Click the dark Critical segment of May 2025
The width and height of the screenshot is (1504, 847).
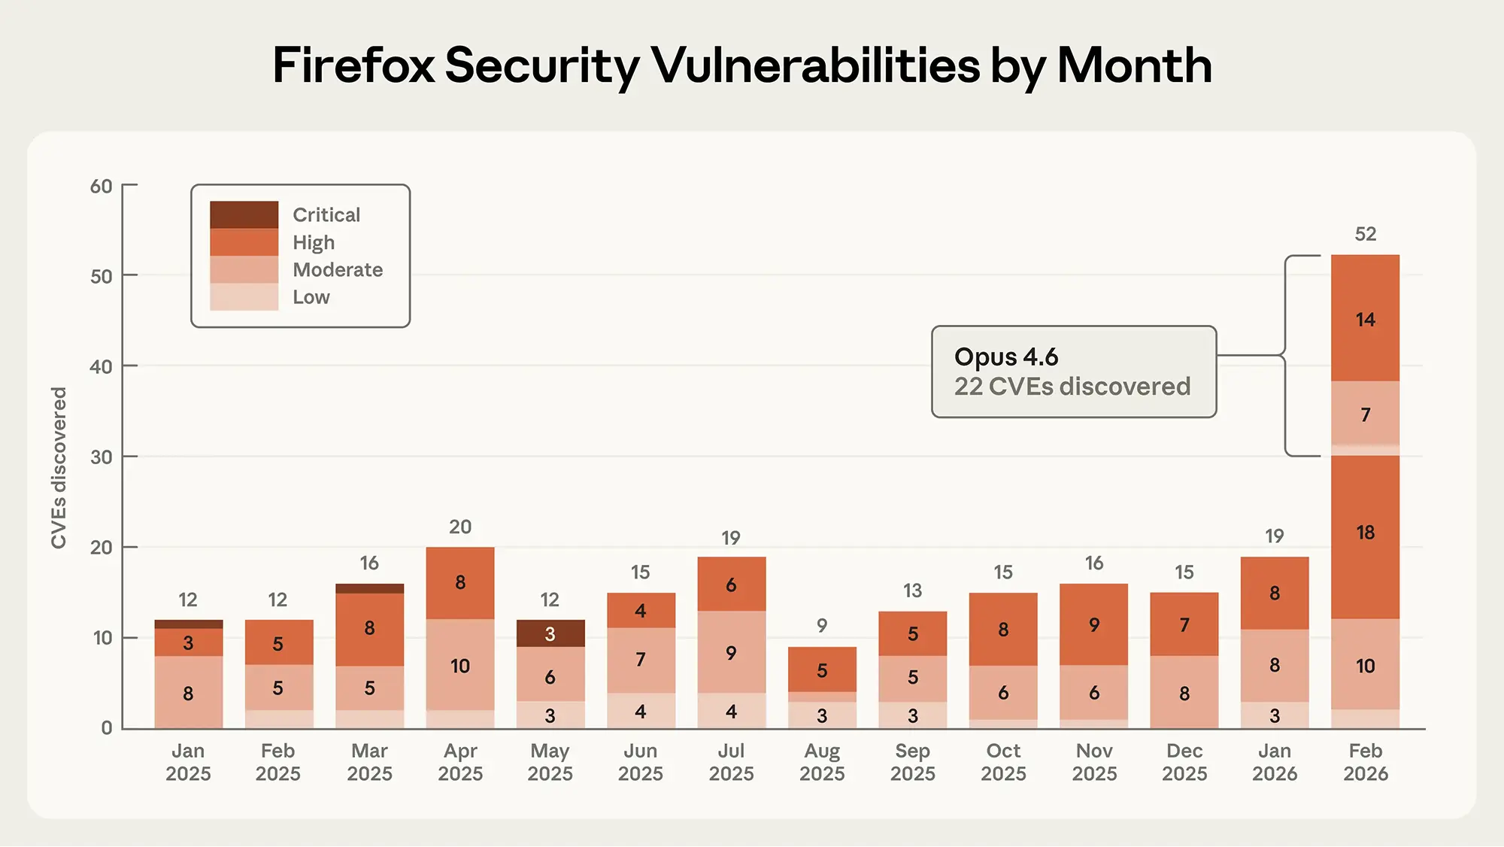(x=550, y=633)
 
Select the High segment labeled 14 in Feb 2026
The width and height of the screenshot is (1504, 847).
(x=1365, y=319)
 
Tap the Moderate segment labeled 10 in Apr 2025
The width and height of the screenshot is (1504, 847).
(x=459, y=665)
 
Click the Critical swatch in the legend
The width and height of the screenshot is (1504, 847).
(x=244, y=214)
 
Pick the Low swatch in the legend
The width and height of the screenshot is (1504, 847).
(x=244, y=297)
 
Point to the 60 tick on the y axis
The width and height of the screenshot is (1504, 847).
(x=102, y=186)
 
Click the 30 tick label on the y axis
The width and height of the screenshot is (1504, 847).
(x=102, y=457)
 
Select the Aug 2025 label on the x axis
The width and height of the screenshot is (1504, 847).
(x=822, y=762)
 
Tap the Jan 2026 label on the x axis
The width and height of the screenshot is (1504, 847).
(x=1275, y=762)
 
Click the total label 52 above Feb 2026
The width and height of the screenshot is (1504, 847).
(x=1365, y=234)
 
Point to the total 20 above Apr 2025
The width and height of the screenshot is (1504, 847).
(x=459, y=527)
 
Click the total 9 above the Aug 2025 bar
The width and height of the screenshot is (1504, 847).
(x=822, y=625)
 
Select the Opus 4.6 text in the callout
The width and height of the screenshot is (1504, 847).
(x=1006, y=357)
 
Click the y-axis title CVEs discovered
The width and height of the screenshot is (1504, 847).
(x=59, y=468)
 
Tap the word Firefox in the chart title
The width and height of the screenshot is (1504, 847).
(x=353, y=65)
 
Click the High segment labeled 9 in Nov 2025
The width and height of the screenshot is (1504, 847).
(x=1094, y=624)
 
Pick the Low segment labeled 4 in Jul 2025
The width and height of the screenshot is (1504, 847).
(x=731, y=711)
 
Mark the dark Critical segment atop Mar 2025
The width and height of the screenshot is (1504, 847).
(x=369, y=588)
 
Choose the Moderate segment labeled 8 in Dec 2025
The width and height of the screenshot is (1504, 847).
(x=1184, y=692)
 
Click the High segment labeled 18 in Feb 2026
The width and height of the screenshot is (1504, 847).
(x=1365, y=533)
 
